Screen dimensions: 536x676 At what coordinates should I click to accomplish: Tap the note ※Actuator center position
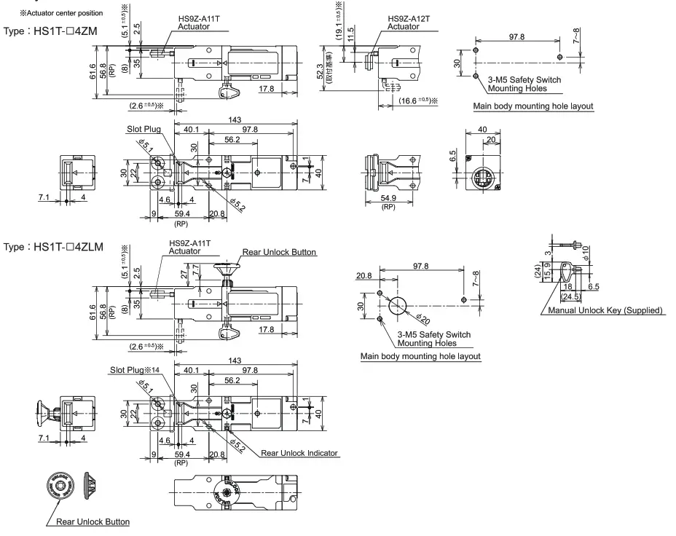[61, 13]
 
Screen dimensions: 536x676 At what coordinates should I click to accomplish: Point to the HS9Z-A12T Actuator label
[408, 23]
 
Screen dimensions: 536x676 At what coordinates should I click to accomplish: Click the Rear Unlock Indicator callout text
[299, 453]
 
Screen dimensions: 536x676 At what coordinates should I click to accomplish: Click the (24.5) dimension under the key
[570, 296]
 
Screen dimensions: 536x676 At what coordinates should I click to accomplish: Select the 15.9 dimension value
[547, 274]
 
